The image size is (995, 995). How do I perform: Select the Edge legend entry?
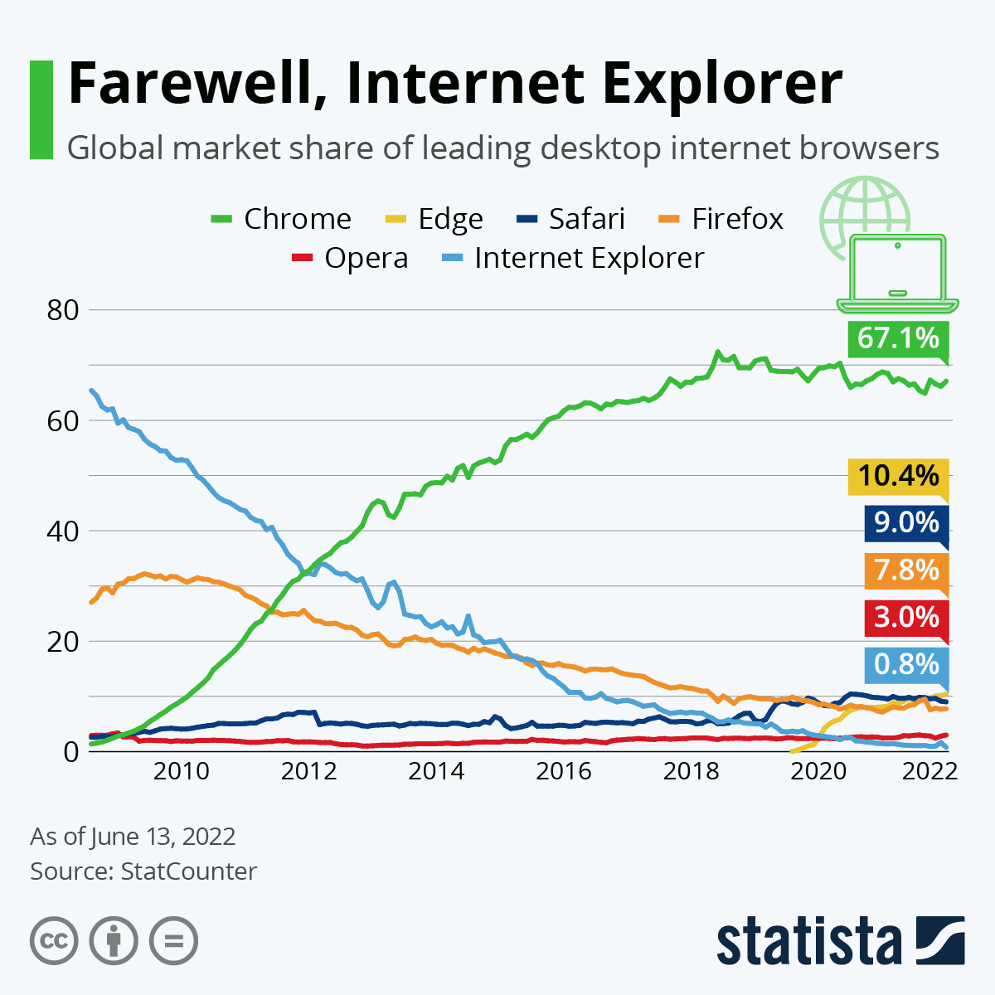click(434, 219)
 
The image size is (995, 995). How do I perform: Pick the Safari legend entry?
click(570, 219)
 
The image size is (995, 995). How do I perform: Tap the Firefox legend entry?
click(721, 219)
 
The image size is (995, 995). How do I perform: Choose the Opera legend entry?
click(350, 258)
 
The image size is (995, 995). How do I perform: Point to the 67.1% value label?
click(898, 338)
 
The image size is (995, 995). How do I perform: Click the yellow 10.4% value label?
click(898, 476)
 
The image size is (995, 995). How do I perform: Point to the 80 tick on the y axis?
click(61, 310)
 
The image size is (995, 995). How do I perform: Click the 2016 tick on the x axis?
click(564, 771)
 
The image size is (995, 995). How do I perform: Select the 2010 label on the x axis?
click(181, 771)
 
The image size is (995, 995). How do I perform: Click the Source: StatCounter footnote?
click(143, 871)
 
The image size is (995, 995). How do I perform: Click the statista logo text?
click(808, 942)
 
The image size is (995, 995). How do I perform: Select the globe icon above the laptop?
click(865, 207)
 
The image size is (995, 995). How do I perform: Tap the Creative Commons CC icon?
click(54, 941)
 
